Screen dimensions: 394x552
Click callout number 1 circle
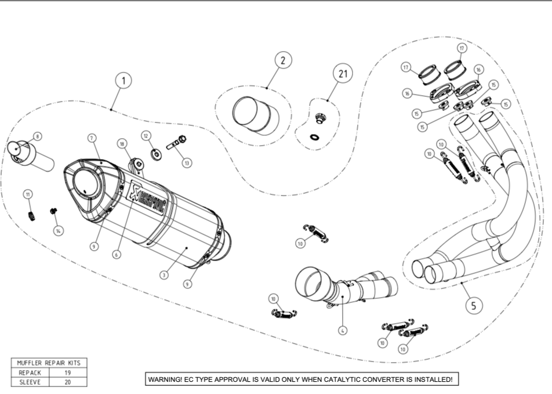tap(124, 80)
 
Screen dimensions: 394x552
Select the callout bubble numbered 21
tap(343, 74)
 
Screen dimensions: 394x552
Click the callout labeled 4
tap(343, 330)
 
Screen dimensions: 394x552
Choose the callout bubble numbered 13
tap(187, 164)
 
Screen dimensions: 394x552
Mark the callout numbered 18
tap(122, 143)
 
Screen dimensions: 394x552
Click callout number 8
tap(37, 136)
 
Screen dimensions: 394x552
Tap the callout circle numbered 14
tap(59, 230)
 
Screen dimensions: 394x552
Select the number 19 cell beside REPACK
tap(68, 373)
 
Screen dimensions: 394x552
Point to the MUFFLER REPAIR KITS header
tap(49, 363)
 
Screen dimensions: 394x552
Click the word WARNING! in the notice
tap(165, 379)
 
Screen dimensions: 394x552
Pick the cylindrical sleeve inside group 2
tap(255, 114)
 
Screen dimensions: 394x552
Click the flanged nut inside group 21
tap(318, 120)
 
